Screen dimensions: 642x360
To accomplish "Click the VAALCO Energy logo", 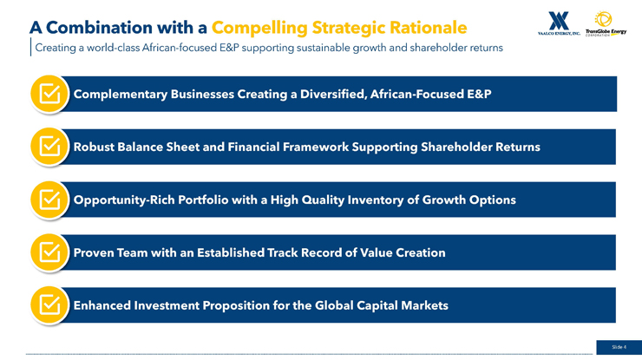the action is tap(559, 23).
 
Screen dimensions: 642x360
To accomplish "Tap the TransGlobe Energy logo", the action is tap(606, 23).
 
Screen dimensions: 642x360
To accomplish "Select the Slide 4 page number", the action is tap(619, 347).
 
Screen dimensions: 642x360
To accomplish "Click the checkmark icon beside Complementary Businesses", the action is tap(49, 95).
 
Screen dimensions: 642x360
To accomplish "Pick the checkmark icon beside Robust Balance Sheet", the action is tap(49, 147).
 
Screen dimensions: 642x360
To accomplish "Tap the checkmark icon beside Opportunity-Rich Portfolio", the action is tap(49, 200).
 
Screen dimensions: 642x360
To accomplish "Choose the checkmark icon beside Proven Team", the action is tap(49, 252).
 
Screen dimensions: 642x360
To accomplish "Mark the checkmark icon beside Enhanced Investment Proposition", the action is tap(49, 305).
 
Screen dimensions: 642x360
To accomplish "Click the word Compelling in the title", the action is tap(259, 29).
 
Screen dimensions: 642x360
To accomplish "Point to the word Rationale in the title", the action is tap(429, 28).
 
